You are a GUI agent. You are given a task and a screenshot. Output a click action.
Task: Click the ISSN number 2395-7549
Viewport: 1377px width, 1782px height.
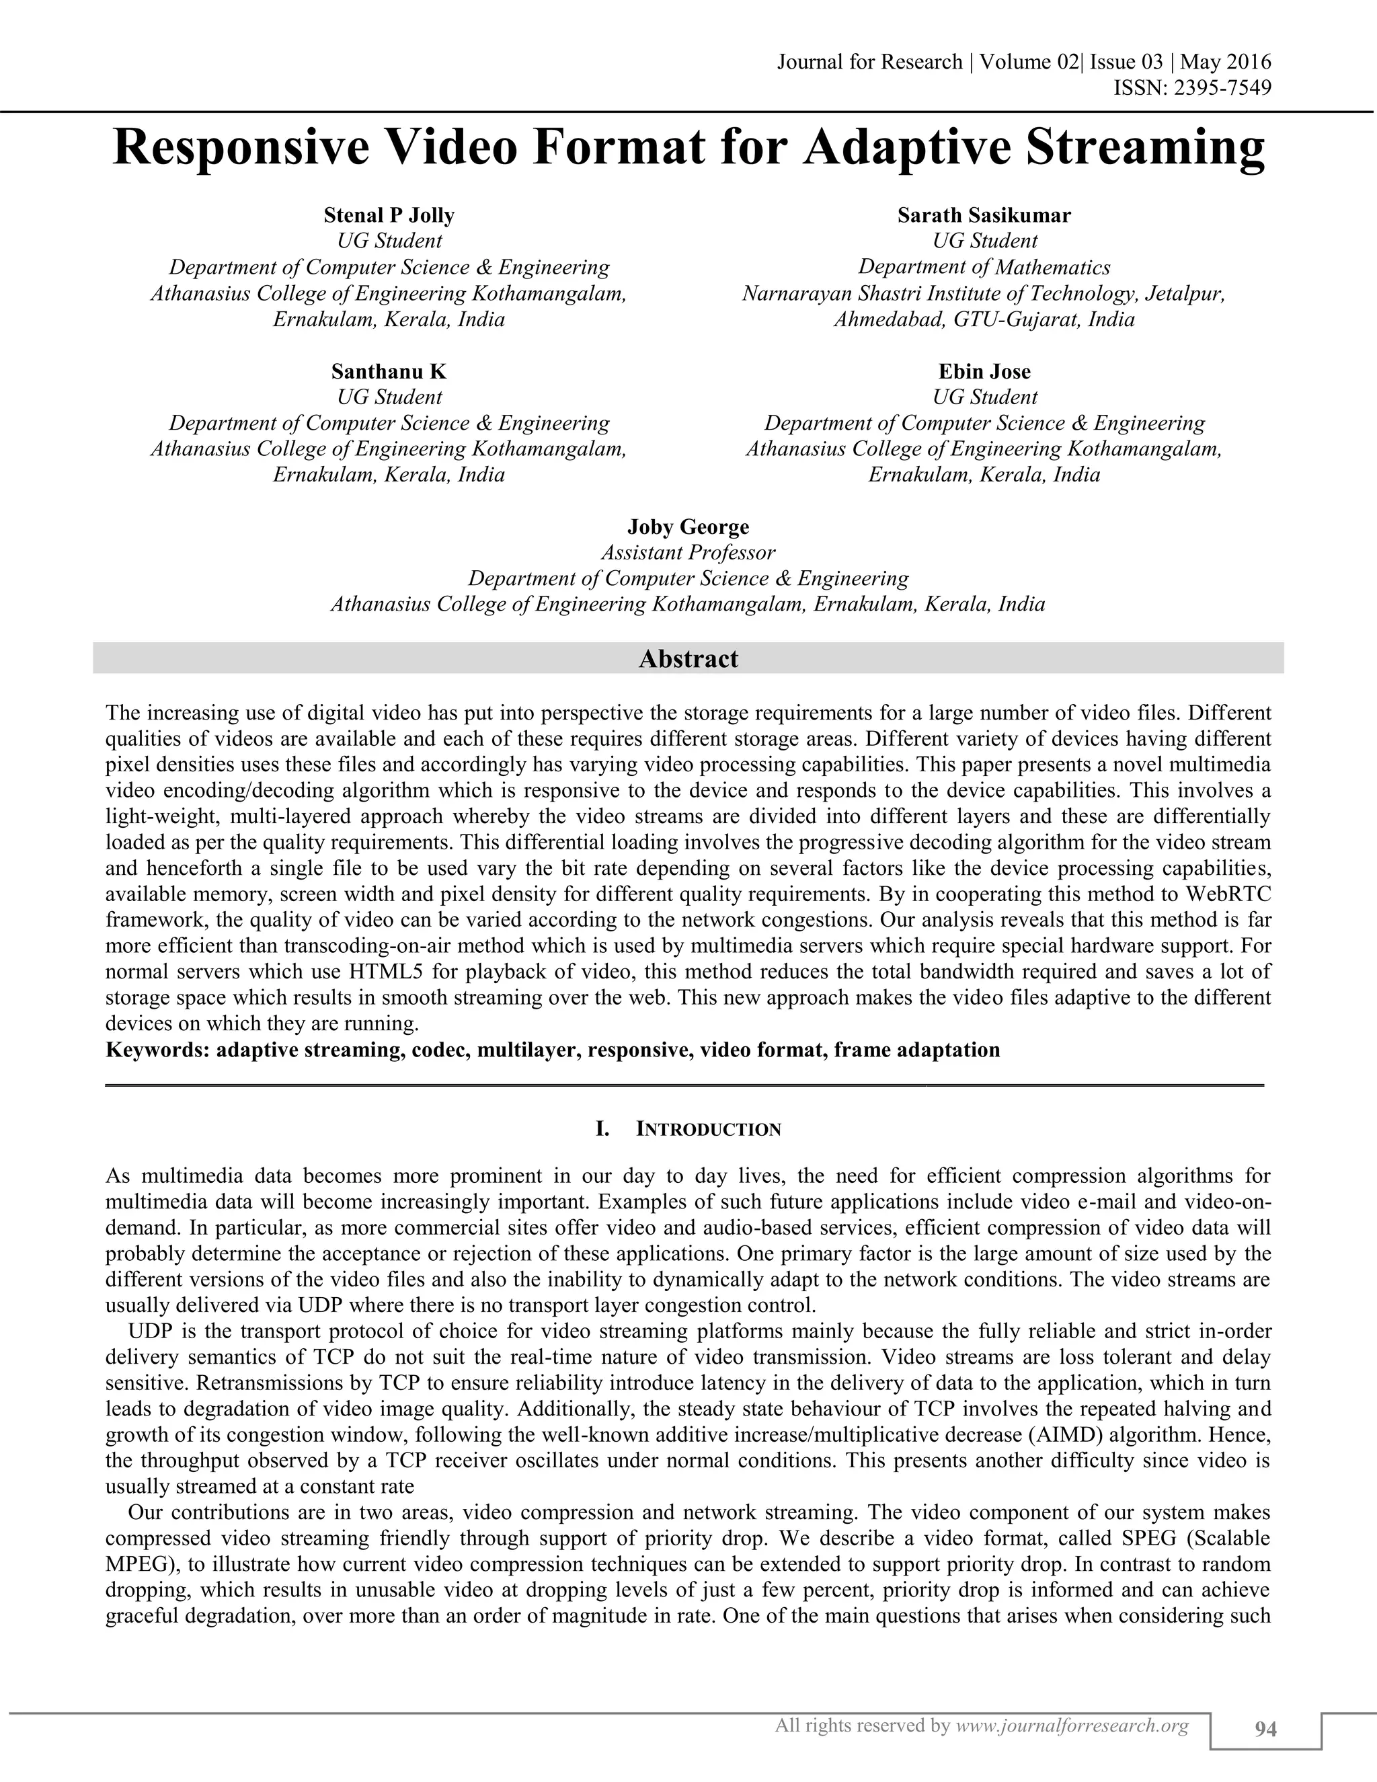[1222, 87]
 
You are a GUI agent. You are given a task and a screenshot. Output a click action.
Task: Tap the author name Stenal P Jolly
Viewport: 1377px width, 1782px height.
[389, 215]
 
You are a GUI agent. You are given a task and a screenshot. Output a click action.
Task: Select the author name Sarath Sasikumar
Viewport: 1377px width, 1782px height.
[984, 215]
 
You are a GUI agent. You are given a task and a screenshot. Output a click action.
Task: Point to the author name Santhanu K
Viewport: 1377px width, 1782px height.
[389, 371]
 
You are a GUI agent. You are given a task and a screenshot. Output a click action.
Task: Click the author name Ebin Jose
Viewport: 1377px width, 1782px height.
[984, 371]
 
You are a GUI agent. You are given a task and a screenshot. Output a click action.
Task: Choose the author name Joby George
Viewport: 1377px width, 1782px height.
[688, 527]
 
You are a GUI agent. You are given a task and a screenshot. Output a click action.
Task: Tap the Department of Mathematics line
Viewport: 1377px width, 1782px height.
[984, 267]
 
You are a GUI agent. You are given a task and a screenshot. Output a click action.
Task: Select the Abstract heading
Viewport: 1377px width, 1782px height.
[688, 658]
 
